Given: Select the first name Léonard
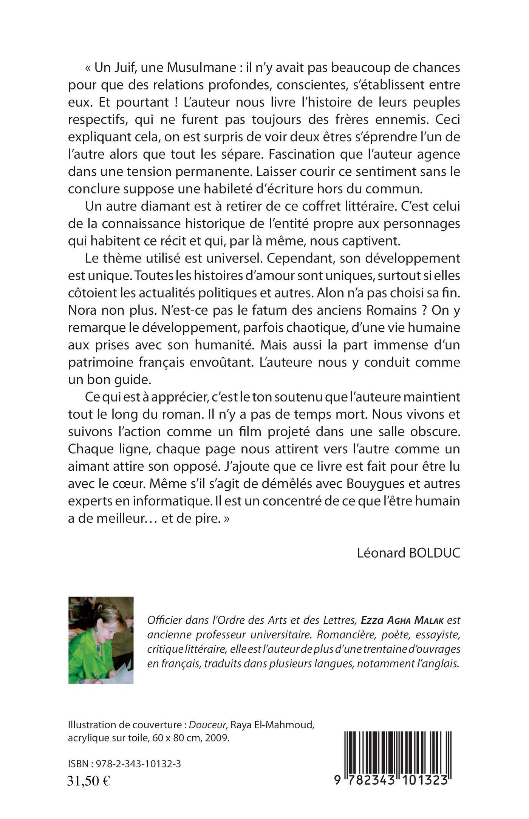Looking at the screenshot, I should [382, 553].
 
